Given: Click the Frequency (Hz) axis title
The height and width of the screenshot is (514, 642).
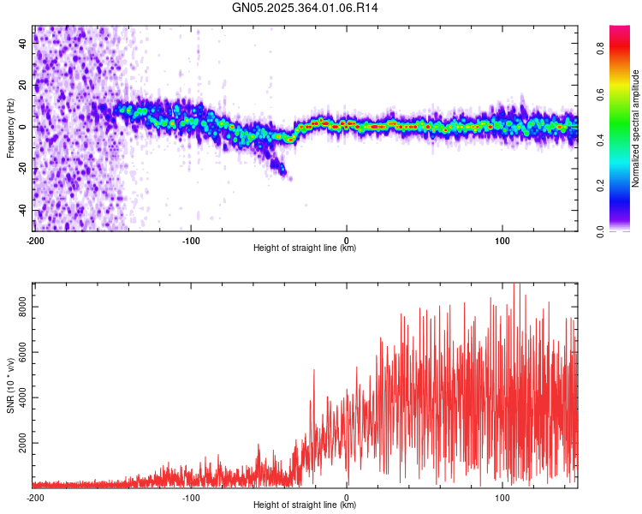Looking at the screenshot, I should [x=10, y=128].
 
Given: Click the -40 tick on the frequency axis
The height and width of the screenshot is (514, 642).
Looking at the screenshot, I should [x=22, y=211].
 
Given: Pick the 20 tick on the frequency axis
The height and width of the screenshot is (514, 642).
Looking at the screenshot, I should [x=22, y=85].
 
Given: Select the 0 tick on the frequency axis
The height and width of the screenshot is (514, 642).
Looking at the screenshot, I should [x=22, y=127].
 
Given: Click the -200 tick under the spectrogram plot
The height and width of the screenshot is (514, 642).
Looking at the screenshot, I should [x=35, y=240].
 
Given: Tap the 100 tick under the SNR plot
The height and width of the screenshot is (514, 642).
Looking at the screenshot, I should [x=502, y=497].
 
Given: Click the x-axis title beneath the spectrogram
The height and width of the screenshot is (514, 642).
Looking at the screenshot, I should [x=305, y=248].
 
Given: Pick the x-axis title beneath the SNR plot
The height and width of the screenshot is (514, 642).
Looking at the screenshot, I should [x=305, y=505].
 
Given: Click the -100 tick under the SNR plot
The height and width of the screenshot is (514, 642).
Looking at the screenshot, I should [x=191, y=497].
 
